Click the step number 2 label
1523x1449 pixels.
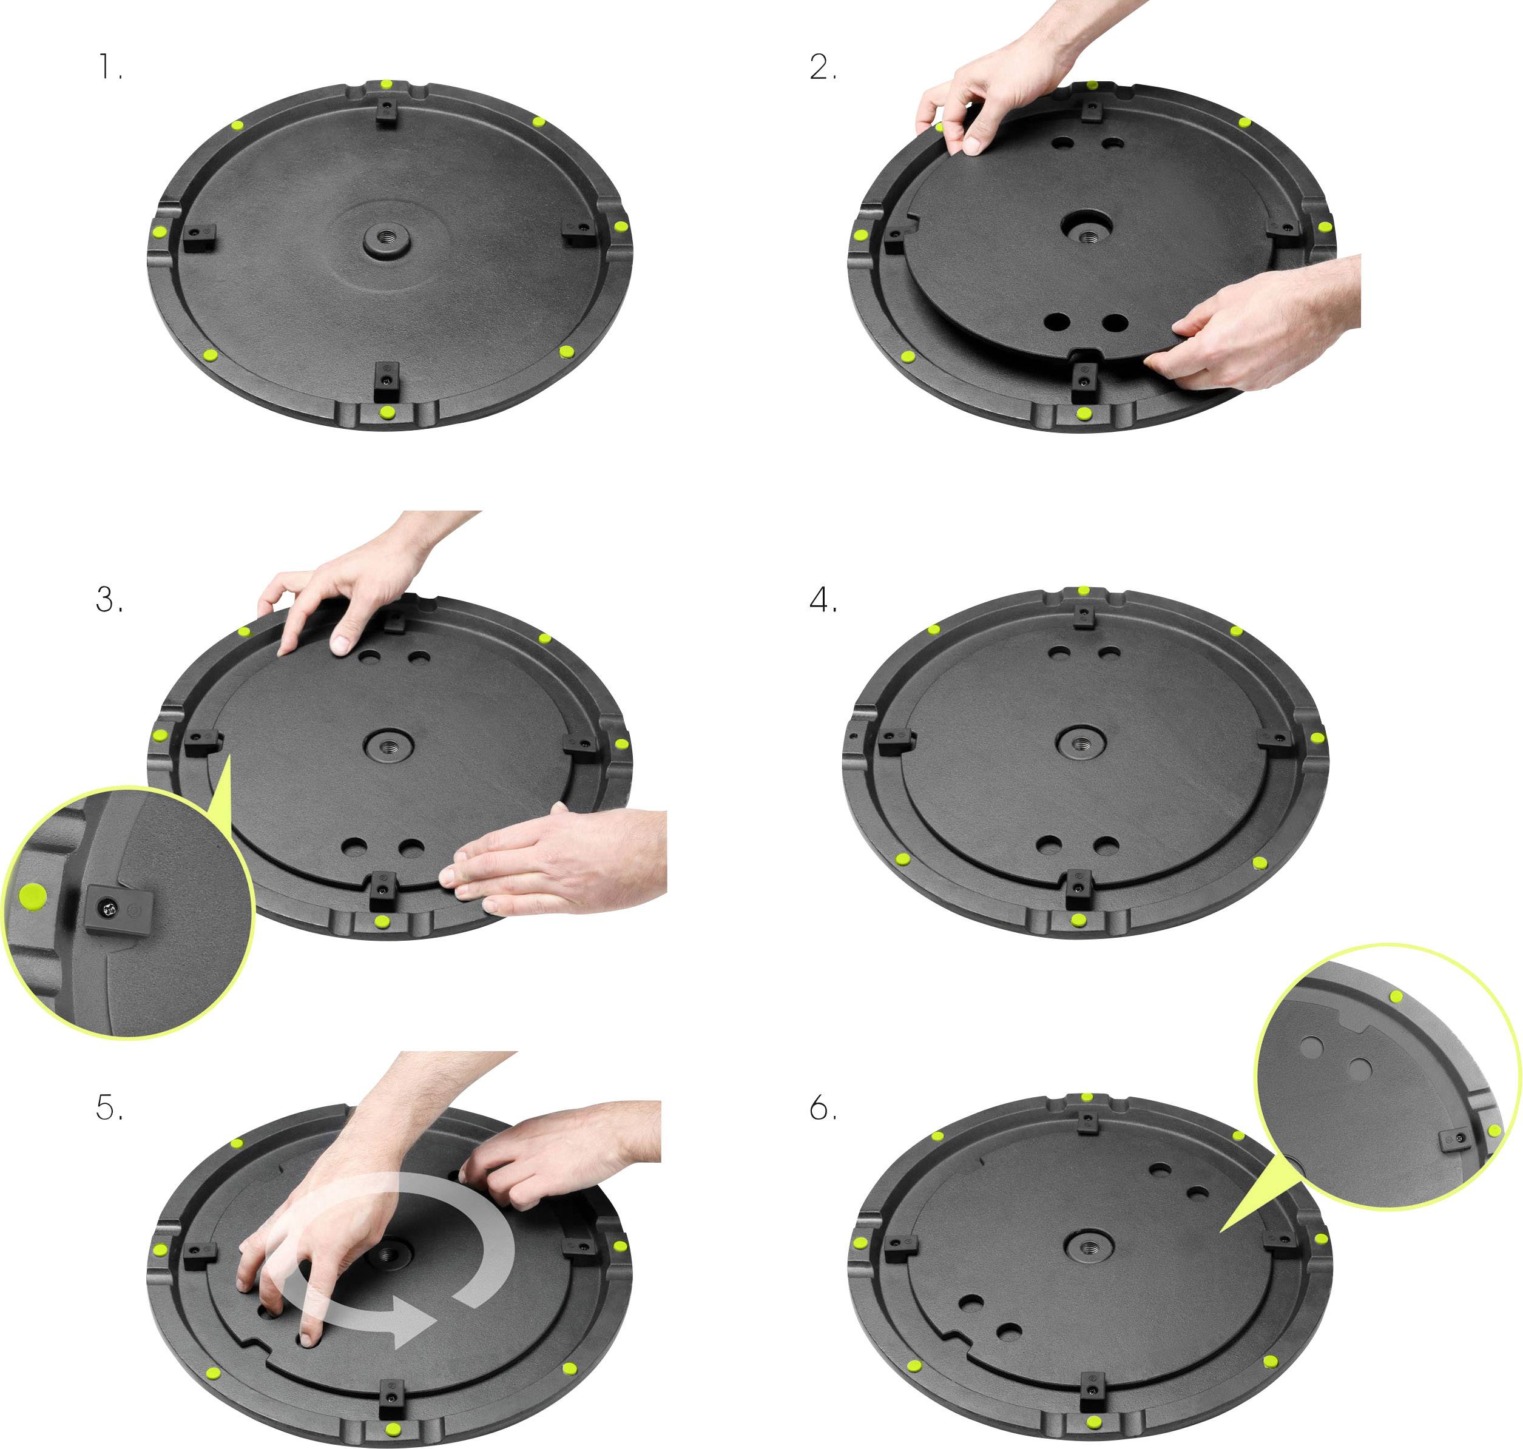tap(822, 68)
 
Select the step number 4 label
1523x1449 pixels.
tap(822, 599)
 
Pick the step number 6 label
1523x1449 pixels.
tap(822, 1108)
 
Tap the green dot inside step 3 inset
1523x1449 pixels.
tap(32, 896)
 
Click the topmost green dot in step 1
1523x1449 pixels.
tap(387, 84)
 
